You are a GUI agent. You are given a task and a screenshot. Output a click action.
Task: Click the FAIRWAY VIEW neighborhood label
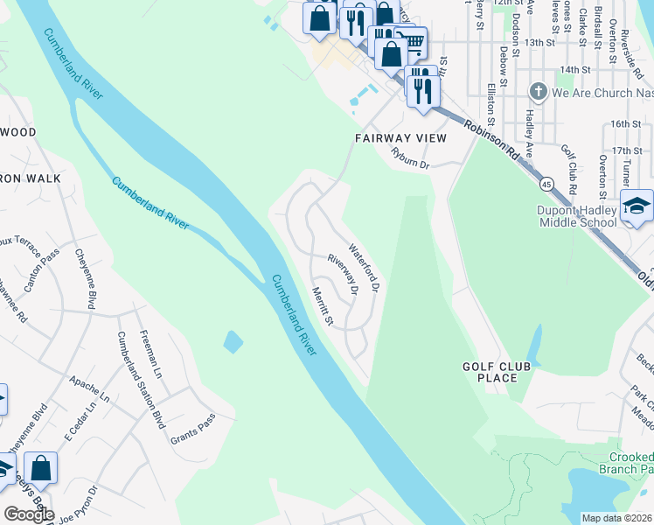coord(400,138)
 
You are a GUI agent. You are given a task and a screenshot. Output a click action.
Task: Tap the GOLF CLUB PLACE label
coord(497,371)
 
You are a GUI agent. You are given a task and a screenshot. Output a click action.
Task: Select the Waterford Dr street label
coord(365,267)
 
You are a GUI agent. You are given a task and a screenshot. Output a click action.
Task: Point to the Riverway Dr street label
coord(344,273)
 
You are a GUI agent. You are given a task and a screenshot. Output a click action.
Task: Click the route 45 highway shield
coord(546,184)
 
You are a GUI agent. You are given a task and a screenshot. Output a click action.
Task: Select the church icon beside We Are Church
coord(538,90)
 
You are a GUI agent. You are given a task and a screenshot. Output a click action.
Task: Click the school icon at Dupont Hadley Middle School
coord(637,206)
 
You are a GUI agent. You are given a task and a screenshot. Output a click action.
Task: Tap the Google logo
coord(29,514)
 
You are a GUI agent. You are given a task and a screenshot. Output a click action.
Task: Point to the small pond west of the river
coord(233,341)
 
